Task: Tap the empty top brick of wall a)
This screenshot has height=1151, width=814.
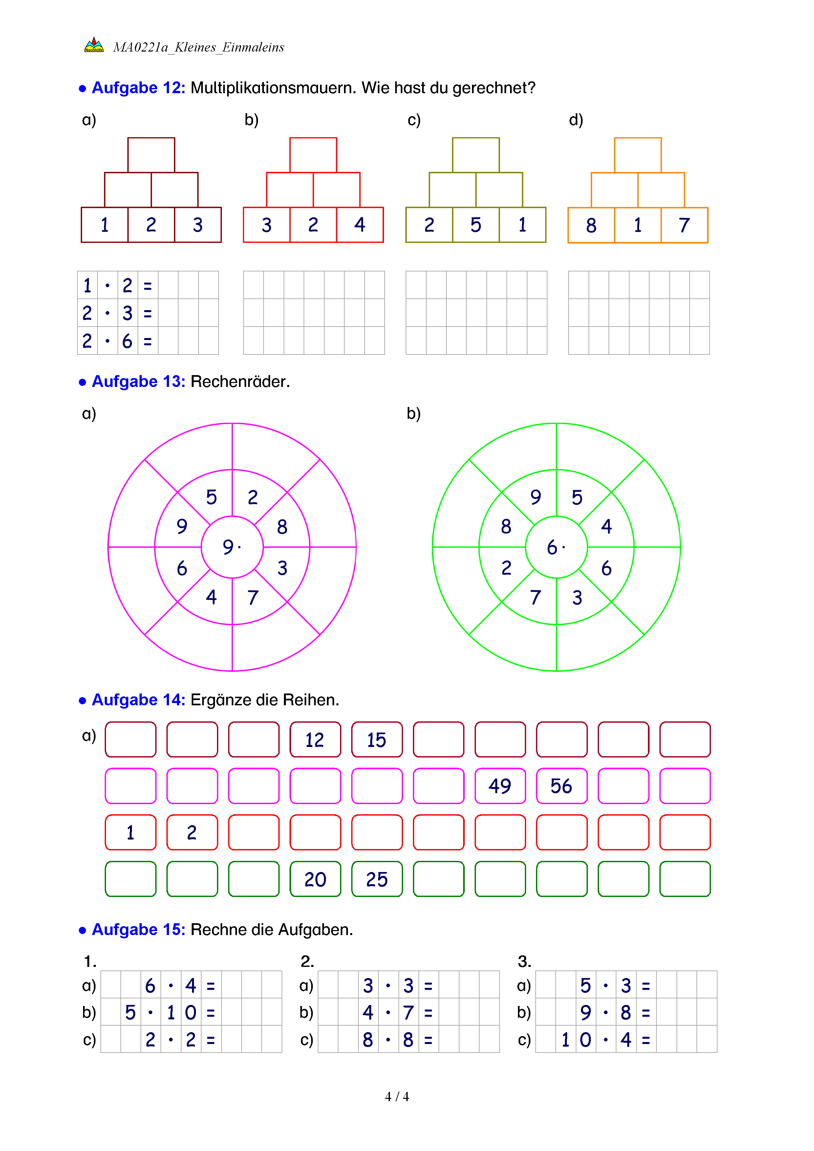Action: tap(151, 155)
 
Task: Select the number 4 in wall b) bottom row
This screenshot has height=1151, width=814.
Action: tap(359, 224)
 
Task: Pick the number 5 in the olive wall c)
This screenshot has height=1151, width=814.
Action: tap(476, 224)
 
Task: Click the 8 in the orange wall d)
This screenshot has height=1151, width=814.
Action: tap(591, 225)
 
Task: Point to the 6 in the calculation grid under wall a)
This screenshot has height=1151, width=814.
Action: tap(127, 341)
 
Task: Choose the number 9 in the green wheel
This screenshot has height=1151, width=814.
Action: tap(536, 497)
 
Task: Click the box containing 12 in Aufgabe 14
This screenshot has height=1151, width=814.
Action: tap(315, 739)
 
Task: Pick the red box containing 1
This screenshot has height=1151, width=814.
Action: tap(130, 832)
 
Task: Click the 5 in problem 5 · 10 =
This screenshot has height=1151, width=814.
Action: tap(130, 1012)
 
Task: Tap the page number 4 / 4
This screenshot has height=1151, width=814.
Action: tap(396, 1097)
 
